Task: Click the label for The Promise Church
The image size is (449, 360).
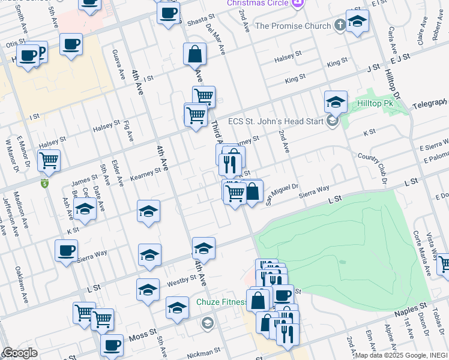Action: [293, 26]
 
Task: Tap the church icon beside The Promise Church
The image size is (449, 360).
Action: [340, 25]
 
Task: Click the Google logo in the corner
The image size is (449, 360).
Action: [19, 353]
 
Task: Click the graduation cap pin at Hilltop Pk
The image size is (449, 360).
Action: [336, 102]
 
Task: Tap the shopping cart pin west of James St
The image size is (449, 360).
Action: [49, 161]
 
